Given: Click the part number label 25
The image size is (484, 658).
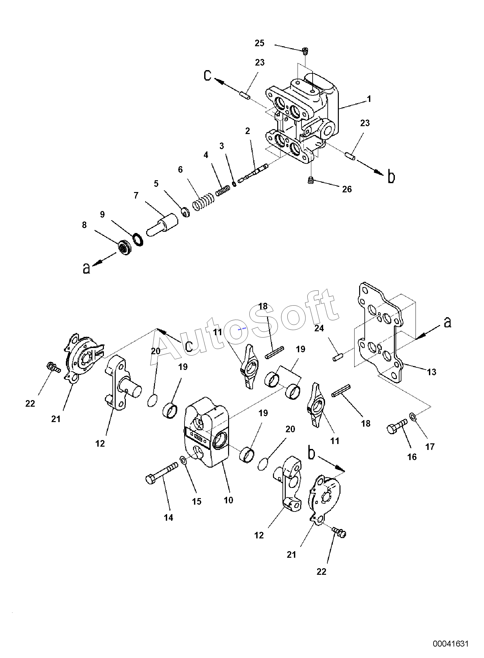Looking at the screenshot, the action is point(260,43).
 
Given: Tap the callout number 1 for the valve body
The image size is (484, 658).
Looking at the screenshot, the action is point(369,99).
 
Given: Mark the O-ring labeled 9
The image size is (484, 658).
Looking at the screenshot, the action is point(138,240).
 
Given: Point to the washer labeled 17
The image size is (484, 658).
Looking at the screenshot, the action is point(412,416).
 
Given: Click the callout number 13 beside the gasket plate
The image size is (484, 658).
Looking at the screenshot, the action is point(432,372).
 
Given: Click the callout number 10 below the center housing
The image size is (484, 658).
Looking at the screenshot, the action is point(228,500).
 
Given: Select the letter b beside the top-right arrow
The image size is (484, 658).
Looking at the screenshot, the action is point(391,177).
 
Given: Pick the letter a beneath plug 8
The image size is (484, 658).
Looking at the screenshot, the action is point(86,268).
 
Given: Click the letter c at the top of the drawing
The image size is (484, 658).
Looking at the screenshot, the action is point(207,75).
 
